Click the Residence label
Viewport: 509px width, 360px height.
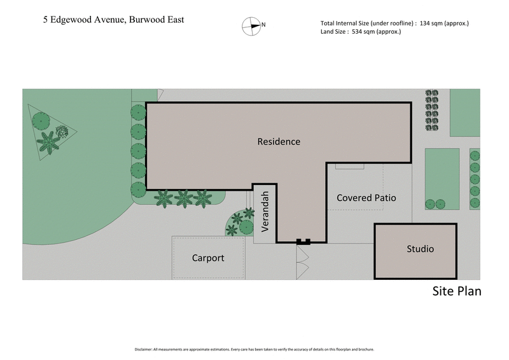pyautogui.click(x=278, y=141)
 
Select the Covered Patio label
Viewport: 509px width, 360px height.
pyautogui.click(x=366, y=198)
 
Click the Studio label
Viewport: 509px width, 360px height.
pyautogui.click(x=420, y=249)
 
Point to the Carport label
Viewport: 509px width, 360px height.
pyautogui.click(x=208, y=258)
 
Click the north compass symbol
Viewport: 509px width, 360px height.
pyautogui.click(x=253, y=25)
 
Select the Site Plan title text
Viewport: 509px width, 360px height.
pyautogui.click(x=456, y=291)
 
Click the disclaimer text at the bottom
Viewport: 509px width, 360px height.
pyautogui.click(x=254, y=349)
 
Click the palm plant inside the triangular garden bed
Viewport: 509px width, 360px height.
pyautogui.click(x=47, y=141)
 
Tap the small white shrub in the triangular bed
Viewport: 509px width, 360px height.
pyautogui.click(x=62, y=132)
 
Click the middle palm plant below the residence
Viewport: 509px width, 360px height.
pyautogui.click(x=183, y=198)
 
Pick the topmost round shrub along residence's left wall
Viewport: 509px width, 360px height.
pyautogui.click(x=138, y=111)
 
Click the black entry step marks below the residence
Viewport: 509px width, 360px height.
pyautogui.click(x=303, y=241)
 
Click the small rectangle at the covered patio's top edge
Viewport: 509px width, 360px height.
pyautogui.click(x=350, y=165)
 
